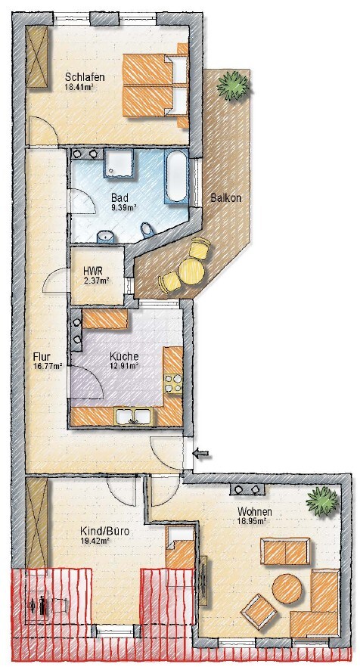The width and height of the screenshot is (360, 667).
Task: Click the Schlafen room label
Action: pyautogui.click(x=85, y=77)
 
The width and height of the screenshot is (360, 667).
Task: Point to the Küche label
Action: pyautogui.click(x=124, y=356)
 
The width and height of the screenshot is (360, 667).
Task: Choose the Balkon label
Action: pyautogui.click(x=226, y=198)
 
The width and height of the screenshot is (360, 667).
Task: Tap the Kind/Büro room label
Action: pyautogui.click(x=104, y=532)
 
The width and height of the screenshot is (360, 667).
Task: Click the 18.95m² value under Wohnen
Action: pyautogui.click(x=252, y=520)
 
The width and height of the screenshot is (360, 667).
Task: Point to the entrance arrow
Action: pyautogui.click(x=203, y=454)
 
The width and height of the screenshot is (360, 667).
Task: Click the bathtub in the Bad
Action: pyautogui.click(x=176, y=176)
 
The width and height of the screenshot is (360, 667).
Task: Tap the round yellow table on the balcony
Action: pyautogui.click(x=192, y=271)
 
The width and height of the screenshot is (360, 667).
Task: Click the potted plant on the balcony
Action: pyautogui.click(x=233, y=85)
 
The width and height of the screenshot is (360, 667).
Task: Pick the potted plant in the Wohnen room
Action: pyautogui.click(x=323, y=501)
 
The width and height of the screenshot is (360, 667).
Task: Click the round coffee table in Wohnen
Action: pyautogui.click(x=287, y=588)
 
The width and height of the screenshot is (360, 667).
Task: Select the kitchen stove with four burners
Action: pyautogui.click(x=174, y=383)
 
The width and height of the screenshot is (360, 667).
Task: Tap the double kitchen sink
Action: pyautogui.click(x=133, y=417)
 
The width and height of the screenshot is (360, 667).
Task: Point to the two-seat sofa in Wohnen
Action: pyautogui.click(x=285, y=551)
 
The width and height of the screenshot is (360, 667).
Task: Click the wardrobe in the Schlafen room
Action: pyautogui.click(x=37, y=56)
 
